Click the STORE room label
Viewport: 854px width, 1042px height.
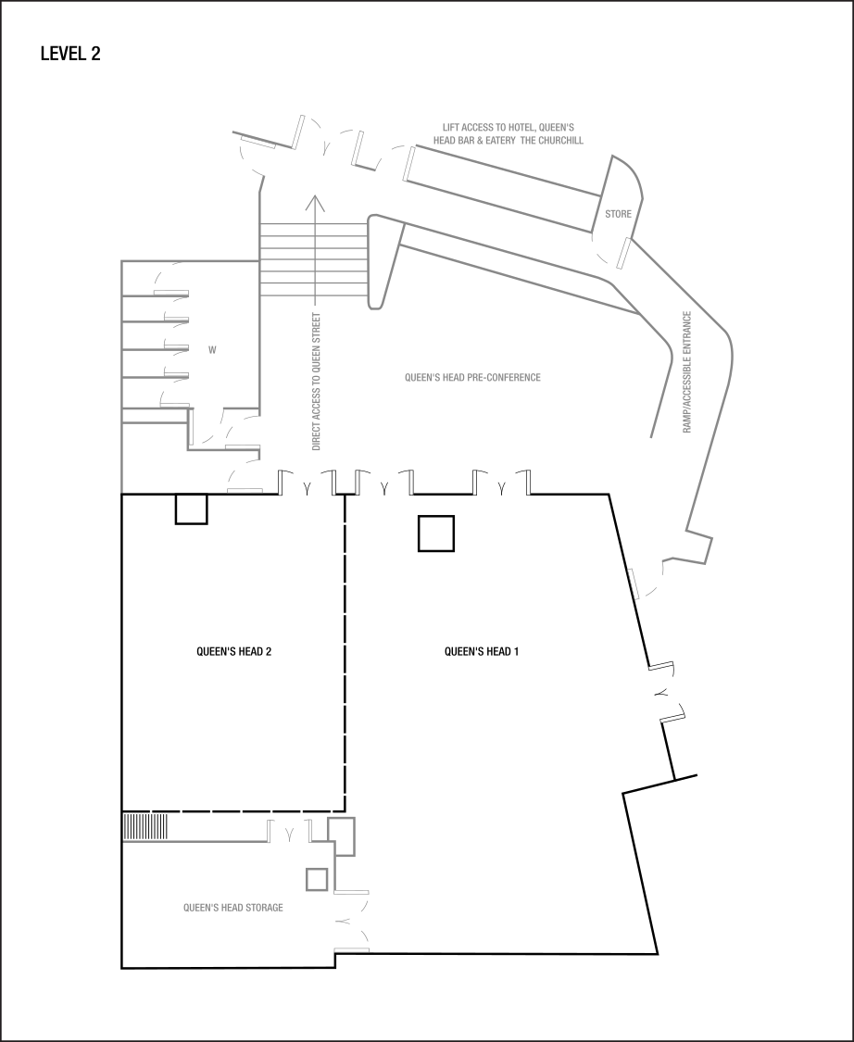click(618, 214)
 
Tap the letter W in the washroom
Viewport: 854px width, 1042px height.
click(212, 350)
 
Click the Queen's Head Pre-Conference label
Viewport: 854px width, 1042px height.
click(472, 378)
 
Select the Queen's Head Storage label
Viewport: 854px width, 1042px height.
click(233, 908)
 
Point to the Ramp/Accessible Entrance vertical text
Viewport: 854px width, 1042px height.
click(687, 371)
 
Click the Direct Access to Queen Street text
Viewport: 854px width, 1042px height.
click(316, 382)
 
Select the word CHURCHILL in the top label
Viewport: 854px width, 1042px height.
click(564, 141)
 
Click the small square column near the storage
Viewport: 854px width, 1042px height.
click(317, 878)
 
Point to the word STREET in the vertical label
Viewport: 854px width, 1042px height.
click(316, 332)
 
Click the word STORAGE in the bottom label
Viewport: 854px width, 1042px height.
click(265, 908)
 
